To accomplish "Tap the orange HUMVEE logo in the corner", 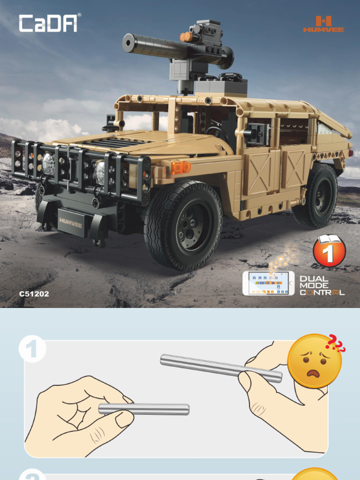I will coord(323,24).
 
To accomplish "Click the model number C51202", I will coord(34,294).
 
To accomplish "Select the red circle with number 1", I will coord(329,252).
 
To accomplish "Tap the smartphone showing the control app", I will coord(268,283).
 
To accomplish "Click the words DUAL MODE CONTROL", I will coord(322,285).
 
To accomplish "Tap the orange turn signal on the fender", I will coord(180,167).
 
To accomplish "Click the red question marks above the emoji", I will coord(336,343).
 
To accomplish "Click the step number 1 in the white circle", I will coord(32,350).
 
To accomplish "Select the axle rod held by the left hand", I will coord(143,409).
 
